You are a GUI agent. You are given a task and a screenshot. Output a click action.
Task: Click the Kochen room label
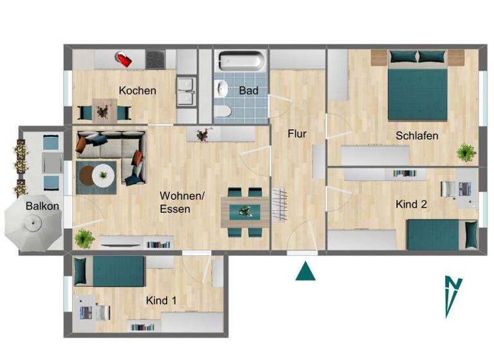137,91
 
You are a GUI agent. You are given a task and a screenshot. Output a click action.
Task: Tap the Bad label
248,91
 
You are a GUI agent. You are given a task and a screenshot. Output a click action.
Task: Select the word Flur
297,134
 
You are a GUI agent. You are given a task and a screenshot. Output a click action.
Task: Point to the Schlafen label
417,136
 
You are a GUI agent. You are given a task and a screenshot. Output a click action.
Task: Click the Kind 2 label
412,204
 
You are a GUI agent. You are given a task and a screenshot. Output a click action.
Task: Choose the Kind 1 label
161,300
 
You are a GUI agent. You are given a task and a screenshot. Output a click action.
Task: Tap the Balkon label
42,206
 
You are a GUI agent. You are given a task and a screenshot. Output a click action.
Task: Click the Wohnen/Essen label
182,203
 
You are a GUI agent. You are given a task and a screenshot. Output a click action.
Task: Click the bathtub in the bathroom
241,62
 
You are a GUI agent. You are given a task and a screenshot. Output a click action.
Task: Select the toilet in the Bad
223,112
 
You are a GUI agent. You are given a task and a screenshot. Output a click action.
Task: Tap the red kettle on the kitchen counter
123,60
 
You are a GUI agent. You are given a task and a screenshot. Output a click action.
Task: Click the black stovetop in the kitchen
156,59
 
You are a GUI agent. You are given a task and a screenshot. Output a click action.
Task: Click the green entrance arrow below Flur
306,271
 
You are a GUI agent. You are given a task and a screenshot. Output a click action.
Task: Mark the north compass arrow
453,295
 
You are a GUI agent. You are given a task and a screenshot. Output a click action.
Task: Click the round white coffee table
102,174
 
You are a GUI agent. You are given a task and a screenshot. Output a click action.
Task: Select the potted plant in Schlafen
466,152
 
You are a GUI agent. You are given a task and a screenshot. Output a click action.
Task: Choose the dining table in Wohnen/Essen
245,211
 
